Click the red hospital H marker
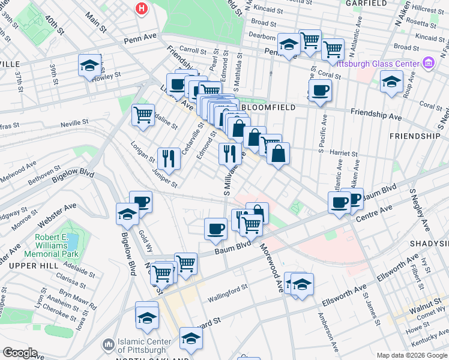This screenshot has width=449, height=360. [x=142, y=9]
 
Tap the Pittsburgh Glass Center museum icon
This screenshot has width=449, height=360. [x=429, y=63]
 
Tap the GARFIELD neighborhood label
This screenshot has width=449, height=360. [x=383, y=3]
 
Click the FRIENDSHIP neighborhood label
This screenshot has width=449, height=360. [x=417, y=136]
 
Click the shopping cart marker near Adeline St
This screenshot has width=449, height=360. [x=143, y=114]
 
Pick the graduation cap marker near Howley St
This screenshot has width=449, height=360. [x=89, y=66]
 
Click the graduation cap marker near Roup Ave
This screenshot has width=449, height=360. [x=391, y=82]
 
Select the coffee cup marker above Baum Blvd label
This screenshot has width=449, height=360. [x=215, y=228]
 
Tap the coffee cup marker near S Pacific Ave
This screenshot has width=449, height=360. [x=320, y=91]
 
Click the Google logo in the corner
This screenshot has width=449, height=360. [x=20, y=353]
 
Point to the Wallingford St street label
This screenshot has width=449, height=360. [x=228, y=293]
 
